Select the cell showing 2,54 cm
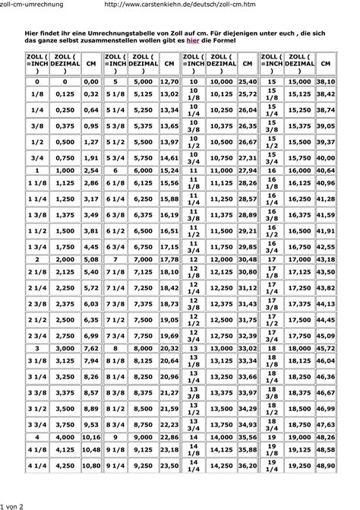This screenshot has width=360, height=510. click(x=91, y=172)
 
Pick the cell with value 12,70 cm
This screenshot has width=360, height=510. click(x=169, y=80)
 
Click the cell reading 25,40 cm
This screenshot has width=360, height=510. click(x=248, y=80)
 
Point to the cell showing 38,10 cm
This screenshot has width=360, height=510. click(x=326, y=80)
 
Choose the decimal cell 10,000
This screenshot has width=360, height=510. click(x=221, y=80)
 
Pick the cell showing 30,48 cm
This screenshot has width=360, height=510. click(x=248, y=260)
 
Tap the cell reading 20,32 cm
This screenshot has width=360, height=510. click(x=169, y=348)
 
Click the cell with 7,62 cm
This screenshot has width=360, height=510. click(x=91, y=348)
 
